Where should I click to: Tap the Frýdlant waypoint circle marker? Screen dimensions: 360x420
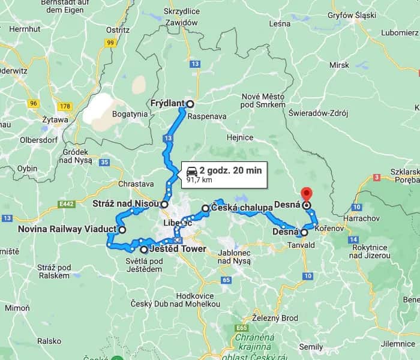[x=190, y=103]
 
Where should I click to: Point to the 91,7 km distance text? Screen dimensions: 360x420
[x=200, y=179]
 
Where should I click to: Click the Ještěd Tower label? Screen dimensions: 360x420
[x=179, y=249]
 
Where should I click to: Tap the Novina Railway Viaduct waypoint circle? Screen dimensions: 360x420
[x=122, y=229]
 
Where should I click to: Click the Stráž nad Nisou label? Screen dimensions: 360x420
[x=125, y=204]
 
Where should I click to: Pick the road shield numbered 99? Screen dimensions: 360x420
[x=110, y=43]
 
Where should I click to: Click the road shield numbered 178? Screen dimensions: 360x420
[x=65, y=106]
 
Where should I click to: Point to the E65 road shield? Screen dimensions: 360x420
[x=243, y=328]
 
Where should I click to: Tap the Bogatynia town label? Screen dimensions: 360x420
[x=130, y=113]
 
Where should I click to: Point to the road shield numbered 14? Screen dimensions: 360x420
[x=353, y=239]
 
